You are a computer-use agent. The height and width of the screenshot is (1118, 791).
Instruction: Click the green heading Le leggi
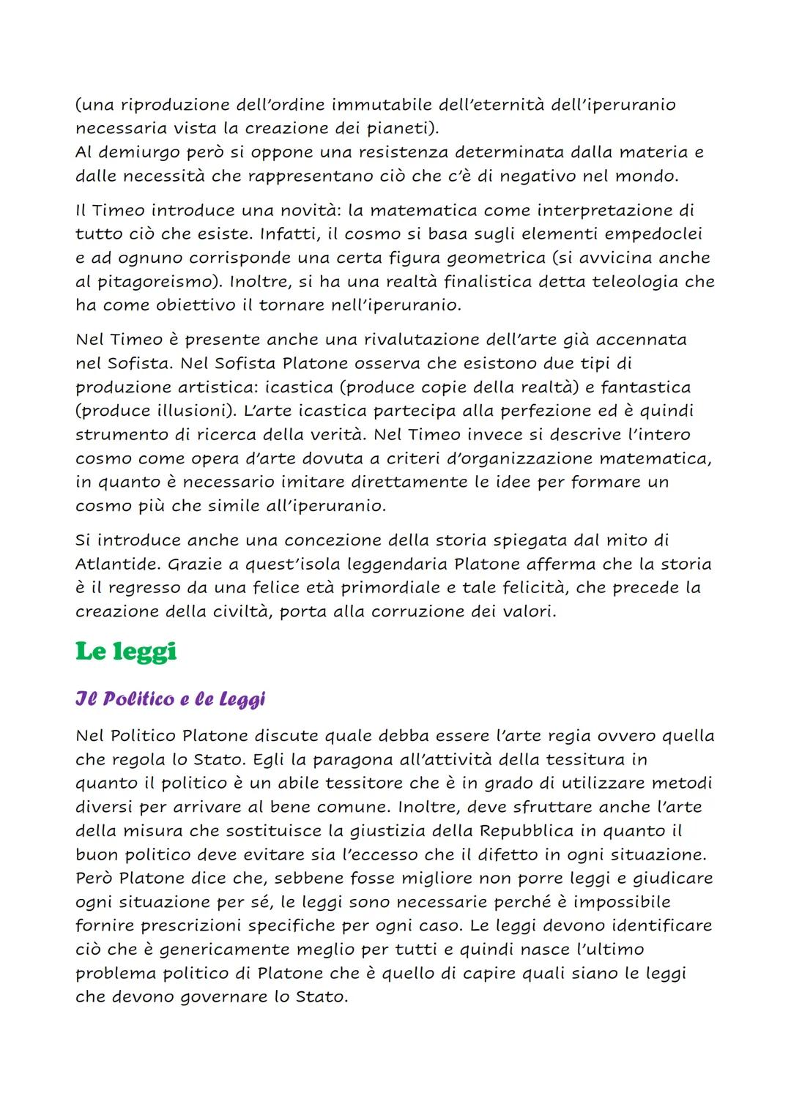126,652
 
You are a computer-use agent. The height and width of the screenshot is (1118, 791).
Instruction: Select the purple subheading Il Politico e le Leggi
170,699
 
